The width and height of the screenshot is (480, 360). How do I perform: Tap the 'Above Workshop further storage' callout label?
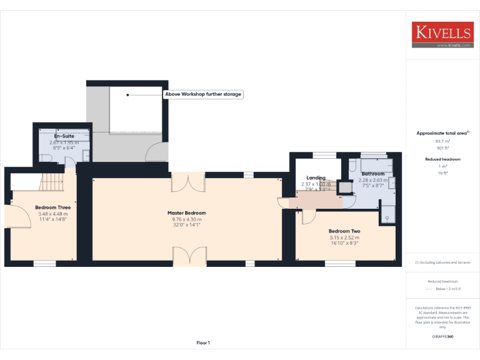coord(203,94)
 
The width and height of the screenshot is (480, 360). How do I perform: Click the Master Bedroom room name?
coord(186,213)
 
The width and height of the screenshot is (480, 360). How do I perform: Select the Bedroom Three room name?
coord(52,207)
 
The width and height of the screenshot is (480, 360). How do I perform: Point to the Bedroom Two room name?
coord(344,231)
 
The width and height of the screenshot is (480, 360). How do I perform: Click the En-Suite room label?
coord(64,136)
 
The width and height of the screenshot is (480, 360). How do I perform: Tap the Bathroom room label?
coord(372,174)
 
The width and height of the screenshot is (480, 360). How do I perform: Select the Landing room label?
coord(316,178)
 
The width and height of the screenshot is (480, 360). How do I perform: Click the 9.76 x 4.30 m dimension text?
coord(186,219)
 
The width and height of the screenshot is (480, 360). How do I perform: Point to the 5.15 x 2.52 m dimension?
coord(344,237)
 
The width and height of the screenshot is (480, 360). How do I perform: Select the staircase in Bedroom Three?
coord(52,182)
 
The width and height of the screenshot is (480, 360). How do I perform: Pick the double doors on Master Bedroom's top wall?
coord(187,183)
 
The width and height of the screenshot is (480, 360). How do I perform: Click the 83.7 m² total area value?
coord(442,141)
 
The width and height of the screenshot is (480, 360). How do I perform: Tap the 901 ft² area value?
coord(442,148)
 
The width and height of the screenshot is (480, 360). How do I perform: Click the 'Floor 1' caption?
coord(203,342)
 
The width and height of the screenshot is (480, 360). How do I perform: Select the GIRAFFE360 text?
coord(442,337)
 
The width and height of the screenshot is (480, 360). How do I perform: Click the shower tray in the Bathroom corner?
coord(387,213)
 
